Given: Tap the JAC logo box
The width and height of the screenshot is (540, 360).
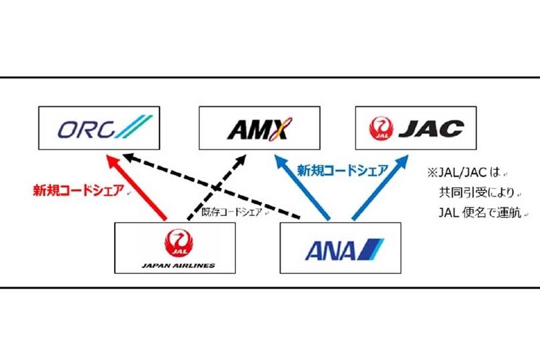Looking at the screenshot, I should click(416, 127).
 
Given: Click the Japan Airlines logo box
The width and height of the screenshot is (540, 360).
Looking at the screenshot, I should click(175, 247).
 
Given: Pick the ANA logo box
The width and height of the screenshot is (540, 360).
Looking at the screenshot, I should click(340, 247).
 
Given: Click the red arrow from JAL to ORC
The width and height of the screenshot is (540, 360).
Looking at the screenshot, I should click(137, 187).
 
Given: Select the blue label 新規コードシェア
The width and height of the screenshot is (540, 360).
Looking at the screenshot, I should click(342, 170).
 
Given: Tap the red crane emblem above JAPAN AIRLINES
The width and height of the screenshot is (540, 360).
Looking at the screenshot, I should click(177, 241).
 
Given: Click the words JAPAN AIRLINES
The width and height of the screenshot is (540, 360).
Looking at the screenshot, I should click(178, 265).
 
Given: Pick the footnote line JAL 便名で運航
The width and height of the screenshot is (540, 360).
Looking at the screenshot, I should click(481, 213).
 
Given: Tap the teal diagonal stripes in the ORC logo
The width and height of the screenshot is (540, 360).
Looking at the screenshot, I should click(137, 127).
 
